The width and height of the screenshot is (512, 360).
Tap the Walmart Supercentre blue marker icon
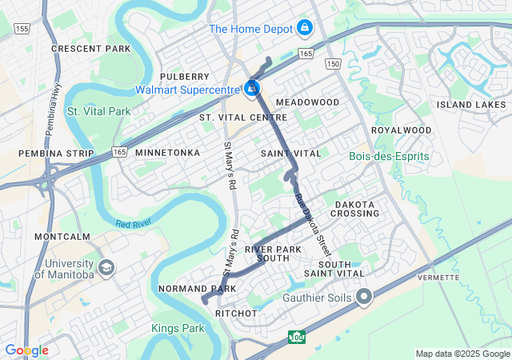coord(252,87)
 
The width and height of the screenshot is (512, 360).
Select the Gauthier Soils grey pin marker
coord(364,298)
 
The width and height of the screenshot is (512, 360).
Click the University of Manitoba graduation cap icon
coord(106,267)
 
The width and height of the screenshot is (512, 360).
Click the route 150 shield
coord(334,63)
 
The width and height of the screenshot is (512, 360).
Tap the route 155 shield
coord(22,28)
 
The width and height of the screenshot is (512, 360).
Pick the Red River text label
coord(134,226)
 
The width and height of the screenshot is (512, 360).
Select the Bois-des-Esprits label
coord(389,156)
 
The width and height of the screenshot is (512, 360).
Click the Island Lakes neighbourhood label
coord(471,105)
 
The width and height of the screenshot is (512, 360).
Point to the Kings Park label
coord(177,328)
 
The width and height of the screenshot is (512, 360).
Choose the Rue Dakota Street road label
coord(310,220)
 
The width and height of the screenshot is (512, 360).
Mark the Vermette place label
coord(437,277)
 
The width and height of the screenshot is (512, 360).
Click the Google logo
coord(26,350)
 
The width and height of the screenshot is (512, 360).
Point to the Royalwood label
coord(401,130)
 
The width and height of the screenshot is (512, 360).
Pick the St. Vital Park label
coord(98,111)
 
